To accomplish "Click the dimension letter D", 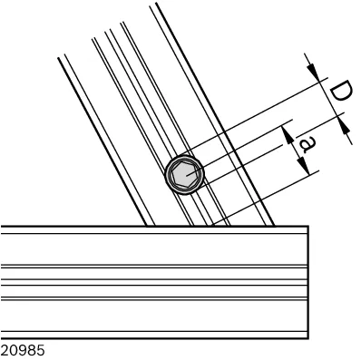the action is point(340,91).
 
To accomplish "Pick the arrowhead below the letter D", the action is point(345,126).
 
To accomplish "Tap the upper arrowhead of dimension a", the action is point(288,134).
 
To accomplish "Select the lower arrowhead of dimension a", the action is point(304,165).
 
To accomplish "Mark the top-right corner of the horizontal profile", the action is point(308,226).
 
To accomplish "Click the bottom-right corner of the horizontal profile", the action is point(308,338).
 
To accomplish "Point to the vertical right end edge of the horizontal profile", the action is point(308,282).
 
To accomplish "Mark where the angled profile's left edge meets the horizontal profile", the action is point(147,226).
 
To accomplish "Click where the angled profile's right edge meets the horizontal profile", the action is point(275,226).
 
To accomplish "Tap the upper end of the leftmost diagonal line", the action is point(58,58).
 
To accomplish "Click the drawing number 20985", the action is point(23,351).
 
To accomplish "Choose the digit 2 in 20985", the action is point(5,351).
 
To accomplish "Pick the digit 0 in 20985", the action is point(15,351).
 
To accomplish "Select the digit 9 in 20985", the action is point(23,351).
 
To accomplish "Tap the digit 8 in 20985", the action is point(32,351).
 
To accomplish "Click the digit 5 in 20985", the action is point(41,351).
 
